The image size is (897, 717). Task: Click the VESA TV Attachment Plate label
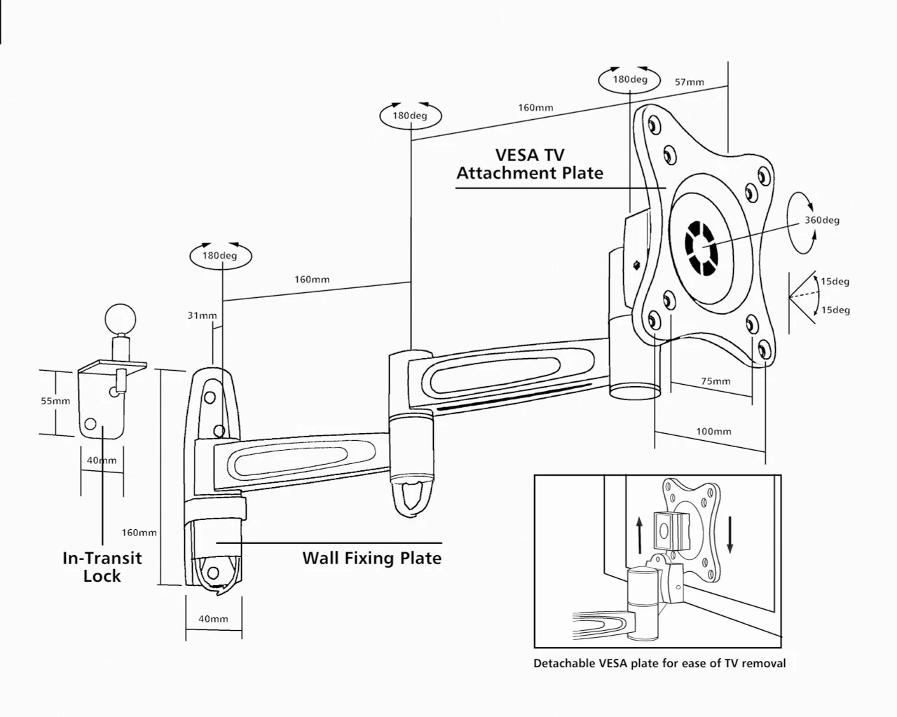tap(529, 164)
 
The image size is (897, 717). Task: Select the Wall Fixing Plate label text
tap(371, 558)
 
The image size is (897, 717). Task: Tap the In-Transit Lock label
tap(102, 567)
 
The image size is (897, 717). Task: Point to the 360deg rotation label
tap(821, 220)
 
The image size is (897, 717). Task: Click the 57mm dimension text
tap(689, 82)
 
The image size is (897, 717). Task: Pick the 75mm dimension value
tap(715, 381)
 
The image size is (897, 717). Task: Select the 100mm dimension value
tap(713, 431)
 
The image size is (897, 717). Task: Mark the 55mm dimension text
tap(55, 401)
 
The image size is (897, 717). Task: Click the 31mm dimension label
tap(202, 315)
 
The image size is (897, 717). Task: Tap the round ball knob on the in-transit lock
tap(121, 320)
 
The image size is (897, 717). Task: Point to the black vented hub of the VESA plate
tap(701, 249)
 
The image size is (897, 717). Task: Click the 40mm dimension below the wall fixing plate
tap(213, 619)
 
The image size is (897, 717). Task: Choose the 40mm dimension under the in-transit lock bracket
tap(102, 460)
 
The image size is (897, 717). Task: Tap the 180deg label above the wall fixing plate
tap(219, 256)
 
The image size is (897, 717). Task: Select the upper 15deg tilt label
tap(835, 282)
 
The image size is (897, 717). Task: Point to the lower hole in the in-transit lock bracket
tap(90, 424)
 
